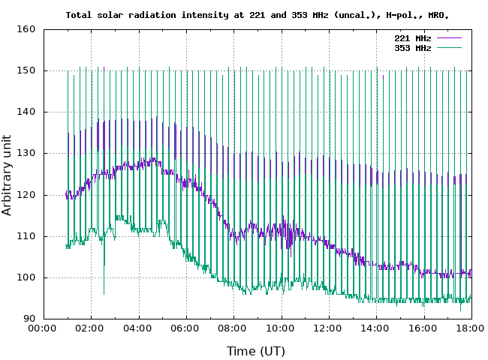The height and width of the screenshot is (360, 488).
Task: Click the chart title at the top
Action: click(258, 14)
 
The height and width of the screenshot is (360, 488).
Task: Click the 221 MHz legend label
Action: click(412, 37)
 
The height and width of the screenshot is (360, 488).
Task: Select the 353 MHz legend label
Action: click(412, 48)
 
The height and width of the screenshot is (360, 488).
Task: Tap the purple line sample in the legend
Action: click(448, 37)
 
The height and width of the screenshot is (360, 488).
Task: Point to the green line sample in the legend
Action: click(448, 48)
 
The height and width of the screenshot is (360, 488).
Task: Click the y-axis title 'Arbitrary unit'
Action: click(8, 174)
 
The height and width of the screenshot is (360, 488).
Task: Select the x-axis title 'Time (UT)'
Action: click(256, 350)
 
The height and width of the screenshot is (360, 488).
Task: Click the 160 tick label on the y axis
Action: click(26, 30)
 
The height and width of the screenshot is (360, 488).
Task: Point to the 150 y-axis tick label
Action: click(26, 71)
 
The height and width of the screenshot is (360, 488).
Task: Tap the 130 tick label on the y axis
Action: click(26, 154)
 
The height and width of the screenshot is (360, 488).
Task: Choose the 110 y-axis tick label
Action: click(26, 236)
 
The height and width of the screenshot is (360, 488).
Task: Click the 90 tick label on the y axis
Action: click(29, 319)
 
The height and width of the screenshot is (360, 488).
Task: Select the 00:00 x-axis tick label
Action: click(43, 328)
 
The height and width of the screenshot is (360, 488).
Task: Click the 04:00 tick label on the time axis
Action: click(139, 328)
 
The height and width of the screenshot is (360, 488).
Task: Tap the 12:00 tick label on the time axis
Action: click(329, 328)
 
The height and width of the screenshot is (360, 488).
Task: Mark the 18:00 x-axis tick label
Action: click(471, 328)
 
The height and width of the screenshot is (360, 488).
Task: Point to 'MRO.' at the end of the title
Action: click(439, 14)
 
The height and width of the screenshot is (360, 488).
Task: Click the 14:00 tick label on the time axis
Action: click(376, 328)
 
